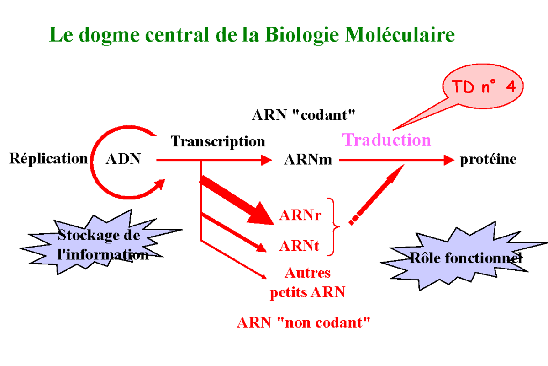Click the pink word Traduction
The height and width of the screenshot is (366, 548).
386,140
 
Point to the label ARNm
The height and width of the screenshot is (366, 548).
308,160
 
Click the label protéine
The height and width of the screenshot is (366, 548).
488,160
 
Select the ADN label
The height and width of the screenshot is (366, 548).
123,160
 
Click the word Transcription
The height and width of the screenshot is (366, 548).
218,141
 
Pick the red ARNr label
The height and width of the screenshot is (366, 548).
300,215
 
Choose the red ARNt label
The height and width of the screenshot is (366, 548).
299,246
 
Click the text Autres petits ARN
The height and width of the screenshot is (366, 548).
307,283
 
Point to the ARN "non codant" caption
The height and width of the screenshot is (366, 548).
303,323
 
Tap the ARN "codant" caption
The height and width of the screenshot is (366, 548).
303,115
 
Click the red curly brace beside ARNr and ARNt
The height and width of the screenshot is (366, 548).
337,226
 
